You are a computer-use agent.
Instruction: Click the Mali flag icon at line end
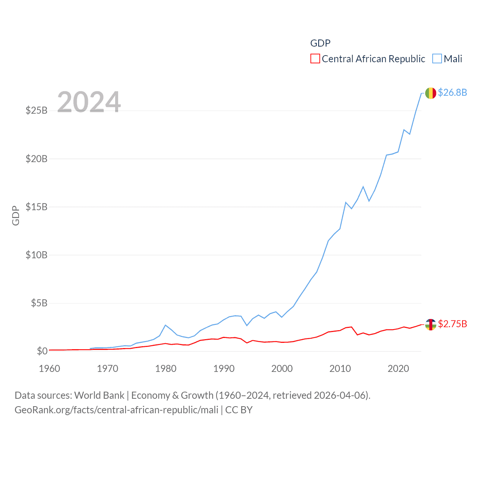pyautogui.click(x=430, y=93)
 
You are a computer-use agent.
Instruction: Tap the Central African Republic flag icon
pyautogui.click(x=430, y=325)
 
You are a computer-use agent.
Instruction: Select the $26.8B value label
pyautogui.click(x=452, y=92)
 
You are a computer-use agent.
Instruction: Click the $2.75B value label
pyautogui.click(x=452, y=324)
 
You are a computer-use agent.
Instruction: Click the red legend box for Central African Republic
pyautogui.click(x=315, y=59)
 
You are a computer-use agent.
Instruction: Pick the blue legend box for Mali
pyautogui.click(x=437, y=59)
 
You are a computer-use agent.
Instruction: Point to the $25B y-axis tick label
pyautogui.click(x=37, y=110)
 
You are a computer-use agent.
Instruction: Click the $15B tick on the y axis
pyautogui.click(x=37, y=207)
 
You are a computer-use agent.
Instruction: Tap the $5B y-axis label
pyautogui.click(x=39, y=303)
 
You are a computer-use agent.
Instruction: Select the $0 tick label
pyautogui.click(x=42, y=351)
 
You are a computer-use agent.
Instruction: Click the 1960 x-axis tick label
pyautogui.click(x=50, y=369)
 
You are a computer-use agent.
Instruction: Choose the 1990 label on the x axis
pyautogui.click(x=224, y=369)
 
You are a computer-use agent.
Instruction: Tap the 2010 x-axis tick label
pyautogui.click(x=340, y=369)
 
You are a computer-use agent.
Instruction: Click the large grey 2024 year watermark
pyautogui.click(x=89, y=102)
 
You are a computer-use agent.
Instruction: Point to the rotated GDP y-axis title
pyautogui.click(x=16, y=215)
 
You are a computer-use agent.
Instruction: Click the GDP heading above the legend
pyautogui.click(x=320, y=43)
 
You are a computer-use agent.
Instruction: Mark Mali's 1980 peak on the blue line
pyautogui.click(x=165, y=325)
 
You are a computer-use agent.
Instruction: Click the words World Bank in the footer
pyautogui.click(x=99, y=395)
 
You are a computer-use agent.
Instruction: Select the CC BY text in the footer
pyautogui.click(x=239, y=410)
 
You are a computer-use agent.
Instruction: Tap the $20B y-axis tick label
pyautogui.click(x=37, y=159)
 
